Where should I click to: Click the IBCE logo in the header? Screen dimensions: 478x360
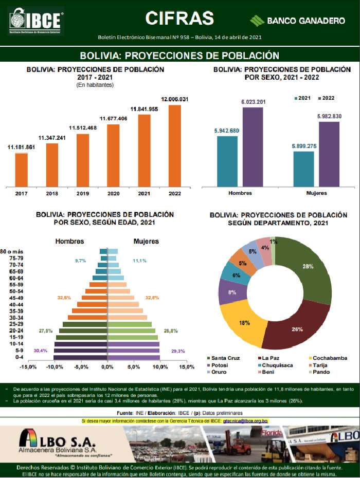click(x=35, y=21)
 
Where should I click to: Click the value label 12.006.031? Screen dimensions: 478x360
click(x=175, y=99)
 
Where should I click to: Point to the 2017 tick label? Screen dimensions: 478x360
click(x=22, y=194)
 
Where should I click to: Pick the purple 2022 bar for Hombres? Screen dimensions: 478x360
click(x=253, y=146)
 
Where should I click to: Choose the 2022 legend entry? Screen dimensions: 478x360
click(x=326, y=98)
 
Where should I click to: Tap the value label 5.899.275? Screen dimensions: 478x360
click(x=303, y=146)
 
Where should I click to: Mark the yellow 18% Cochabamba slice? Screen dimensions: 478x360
click(x=244, y=323)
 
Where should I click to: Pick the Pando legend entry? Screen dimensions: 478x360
click(x=320, y=372)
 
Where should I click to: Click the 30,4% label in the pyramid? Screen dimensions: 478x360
click(x=40, y=351)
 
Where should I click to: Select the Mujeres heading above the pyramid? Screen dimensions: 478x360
click(x=146, y=241)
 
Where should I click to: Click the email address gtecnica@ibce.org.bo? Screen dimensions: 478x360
click(x=246, y=420)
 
